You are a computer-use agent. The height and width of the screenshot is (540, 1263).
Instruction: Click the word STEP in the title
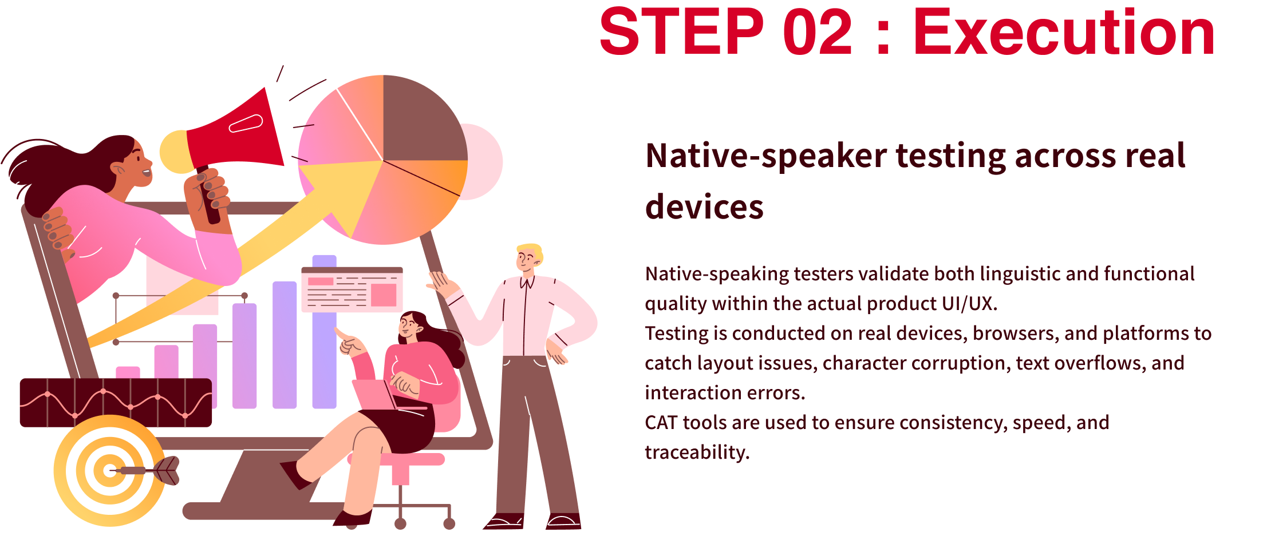[681, 32]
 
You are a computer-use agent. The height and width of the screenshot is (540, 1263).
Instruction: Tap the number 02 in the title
[818, 32]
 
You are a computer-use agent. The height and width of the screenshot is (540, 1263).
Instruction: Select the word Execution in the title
[1064, 32]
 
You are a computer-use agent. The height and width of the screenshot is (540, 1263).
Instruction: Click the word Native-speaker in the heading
[766, 156]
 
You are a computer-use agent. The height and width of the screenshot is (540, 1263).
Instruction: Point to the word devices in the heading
[704, 207]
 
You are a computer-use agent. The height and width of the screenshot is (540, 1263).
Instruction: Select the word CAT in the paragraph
[661, 423]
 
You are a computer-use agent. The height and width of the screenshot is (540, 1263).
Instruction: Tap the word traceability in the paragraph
[697, 452]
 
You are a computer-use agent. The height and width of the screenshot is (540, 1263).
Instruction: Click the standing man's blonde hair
[530, 252]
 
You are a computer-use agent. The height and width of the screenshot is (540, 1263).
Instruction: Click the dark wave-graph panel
[116, 403]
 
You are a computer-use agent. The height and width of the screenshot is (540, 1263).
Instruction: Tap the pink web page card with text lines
[352, 289]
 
